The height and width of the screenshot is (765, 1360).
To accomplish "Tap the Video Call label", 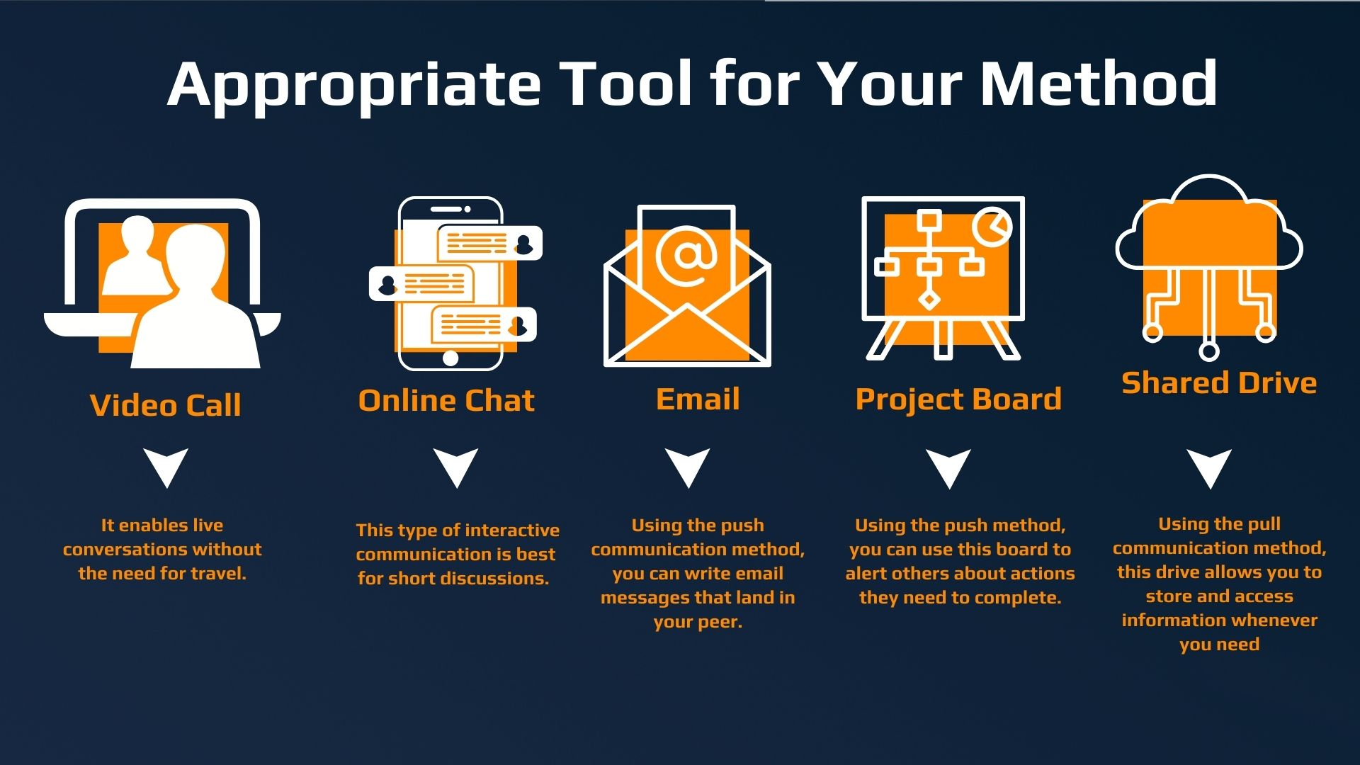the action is click(x=166, y=405).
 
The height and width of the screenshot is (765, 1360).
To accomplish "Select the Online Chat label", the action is click(x=446, y=400).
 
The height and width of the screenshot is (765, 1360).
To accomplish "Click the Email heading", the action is click(x=698, y=399).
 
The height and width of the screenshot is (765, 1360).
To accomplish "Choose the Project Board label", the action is click(x=958, y=399).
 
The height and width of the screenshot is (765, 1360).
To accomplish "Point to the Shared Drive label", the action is click(x=1219, y=382).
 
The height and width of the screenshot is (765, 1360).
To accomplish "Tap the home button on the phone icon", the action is click(x=450, y=357).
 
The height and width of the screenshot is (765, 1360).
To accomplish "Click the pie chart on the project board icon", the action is click(x=992, y=227).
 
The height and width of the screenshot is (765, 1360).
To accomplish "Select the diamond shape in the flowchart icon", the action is click(x=929, y=300).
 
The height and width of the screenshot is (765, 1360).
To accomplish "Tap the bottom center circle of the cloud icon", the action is click(x=1209, y=351).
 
